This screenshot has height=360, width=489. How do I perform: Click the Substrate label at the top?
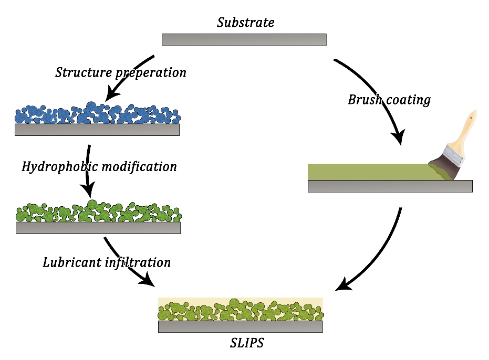[245, 23]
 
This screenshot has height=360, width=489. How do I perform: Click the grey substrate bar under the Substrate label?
[244, 40]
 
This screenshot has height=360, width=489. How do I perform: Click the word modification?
[141, 167]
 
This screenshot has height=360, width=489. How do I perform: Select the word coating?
[408, 100]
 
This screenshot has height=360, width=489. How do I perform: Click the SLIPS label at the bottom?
[247, 344]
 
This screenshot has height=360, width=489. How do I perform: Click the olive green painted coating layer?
[368, 172]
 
